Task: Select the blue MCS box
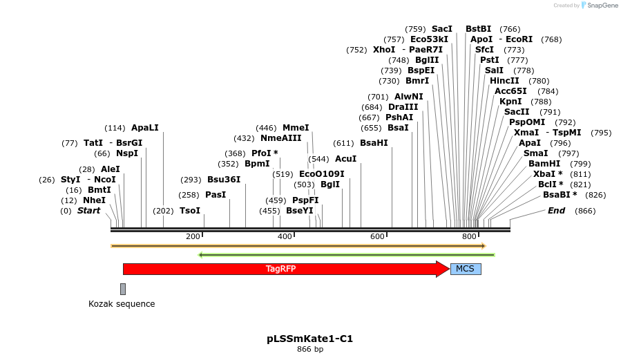click(x=466, y=269)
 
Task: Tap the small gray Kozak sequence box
click(x=123, y=289)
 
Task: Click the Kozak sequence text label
click(x=122, y=304)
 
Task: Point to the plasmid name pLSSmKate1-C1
click(x=310, y=339)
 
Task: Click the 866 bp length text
click(x=310, y=350)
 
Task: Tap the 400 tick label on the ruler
click(x=285, y=236)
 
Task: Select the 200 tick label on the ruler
click(x=193, y=236)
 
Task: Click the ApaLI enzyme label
click(x=145, y=128)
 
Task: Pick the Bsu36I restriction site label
click(x=224, y=180)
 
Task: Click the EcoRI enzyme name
click(x=519, y=39)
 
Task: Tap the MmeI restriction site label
click(x=296, y=128)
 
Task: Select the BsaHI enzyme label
click(x=374, y=143)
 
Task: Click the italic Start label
click(x=88, y=211)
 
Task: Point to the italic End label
click(x=556, y=211)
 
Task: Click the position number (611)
click(x=343, y=143)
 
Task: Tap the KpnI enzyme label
click(x=510, y=102)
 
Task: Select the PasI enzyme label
click(x=216, y=195)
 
